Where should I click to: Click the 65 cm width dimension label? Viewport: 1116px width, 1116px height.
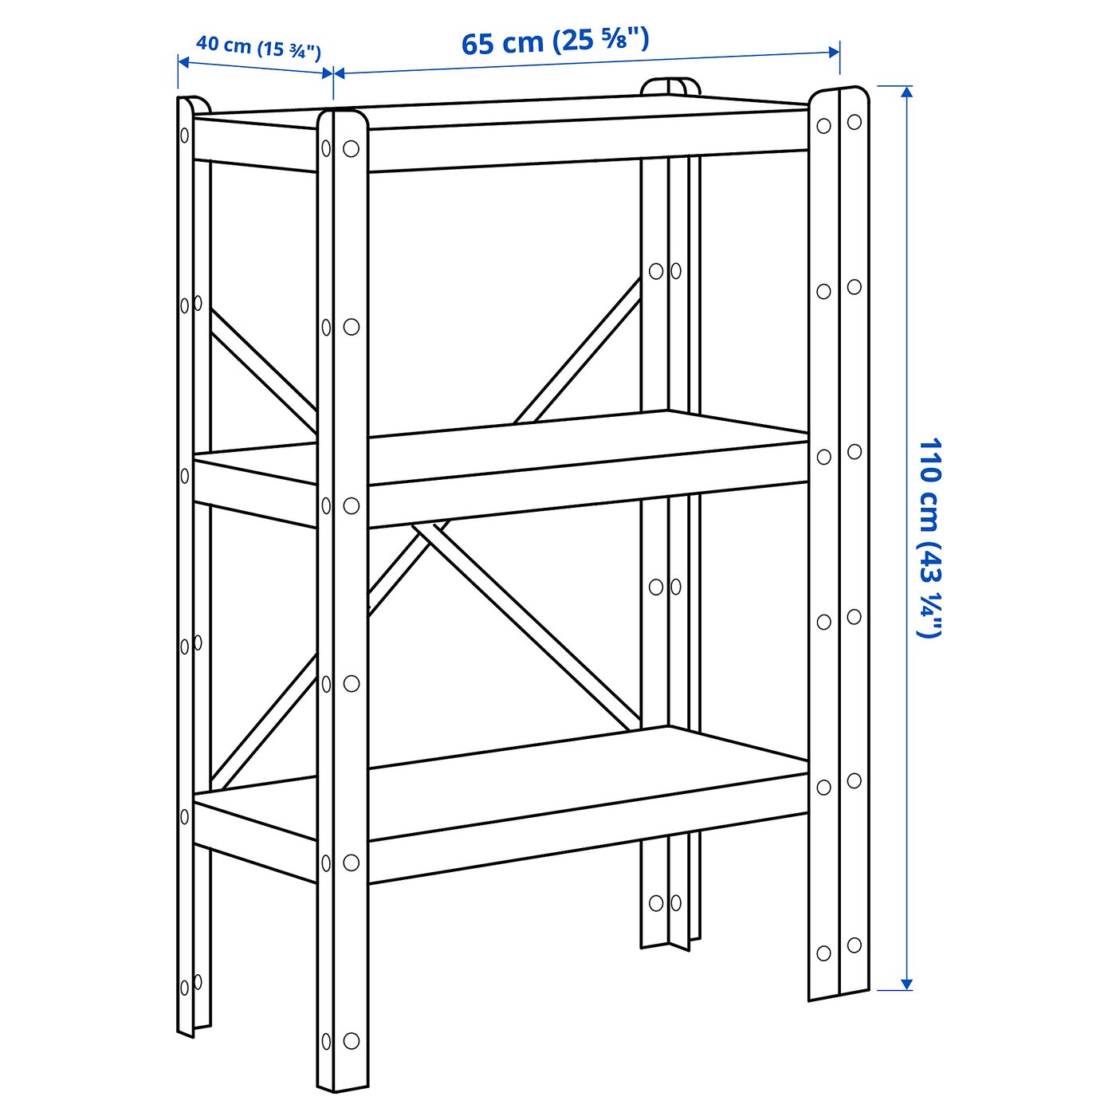tap(556, 41)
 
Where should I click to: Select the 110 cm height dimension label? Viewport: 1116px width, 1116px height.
tap(929, 537)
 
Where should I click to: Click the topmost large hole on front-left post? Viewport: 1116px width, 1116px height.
tap(351, 149)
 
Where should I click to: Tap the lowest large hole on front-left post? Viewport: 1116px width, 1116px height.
tap(351, 1040)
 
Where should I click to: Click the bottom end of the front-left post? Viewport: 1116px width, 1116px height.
tap(343, 1086)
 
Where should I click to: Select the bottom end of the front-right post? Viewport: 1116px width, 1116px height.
tap(839, 992)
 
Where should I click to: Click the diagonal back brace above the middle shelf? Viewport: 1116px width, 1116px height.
tap(578, 351)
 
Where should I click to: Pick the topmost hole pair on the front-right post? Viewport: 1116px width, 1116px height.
tap(839, 124)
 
